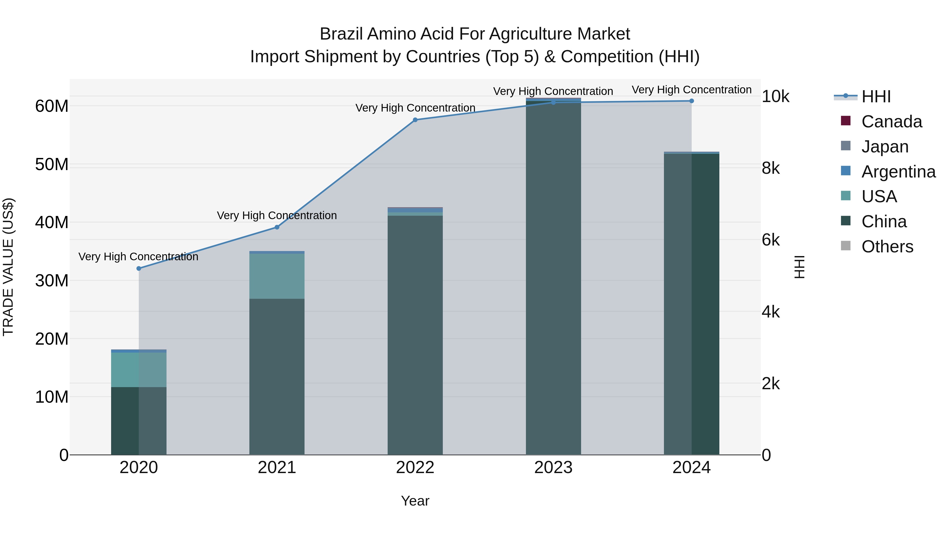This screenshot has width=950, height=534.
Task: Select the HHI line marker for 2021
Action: pos(277,227)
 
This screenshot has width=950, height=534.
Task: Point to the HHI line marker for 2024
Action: pos(691,101)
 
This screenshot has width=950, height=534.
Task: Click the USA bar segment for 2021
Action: pos(277,276)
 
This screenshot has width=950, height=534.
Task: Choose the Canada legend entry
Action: pos(891,122)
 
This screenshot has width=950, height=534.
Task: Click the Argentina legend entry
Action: pos(898,172)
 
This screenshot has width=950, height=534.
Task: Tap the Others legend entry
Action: pos(887,247)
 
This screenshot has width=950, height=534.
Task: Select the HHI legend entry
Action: pos(876,97)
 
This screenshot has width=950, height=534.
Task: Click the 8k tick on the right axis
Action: pos(771,169)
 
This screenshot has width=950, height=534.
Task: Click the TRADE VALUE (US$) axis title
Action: pos(8,267)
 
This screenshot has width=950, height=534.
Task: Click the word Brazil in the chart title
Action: pos(341,34)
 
